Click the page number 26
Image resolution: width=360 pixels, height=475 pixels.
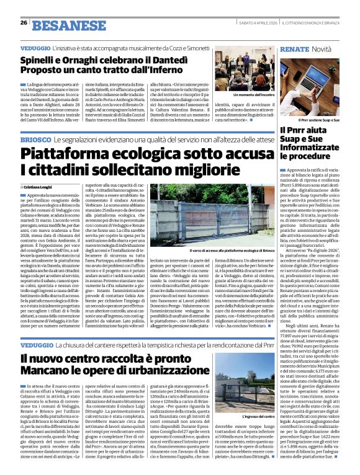tap(24, 23)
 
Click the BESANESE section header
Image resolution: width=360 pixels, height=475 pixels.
tap(61, 24)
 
